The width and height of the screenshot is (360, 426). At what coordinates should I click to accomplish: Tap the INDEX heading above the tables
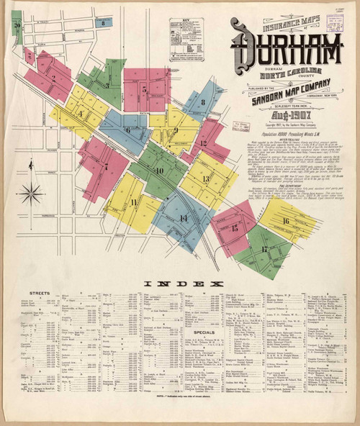184,284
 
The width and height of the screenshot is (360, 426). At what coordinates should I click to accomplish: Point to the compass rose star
31,192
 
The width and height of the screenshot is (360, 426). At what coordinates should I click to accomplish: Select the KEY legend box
185,39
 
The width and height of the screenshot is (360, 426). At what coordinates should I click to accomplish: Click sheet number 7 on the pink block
106,166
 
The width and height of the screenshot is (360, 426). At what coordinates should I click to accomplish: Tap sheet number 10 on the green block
159,171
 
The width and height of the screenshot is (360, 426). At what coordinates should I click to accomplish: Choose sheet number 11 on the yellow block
134,202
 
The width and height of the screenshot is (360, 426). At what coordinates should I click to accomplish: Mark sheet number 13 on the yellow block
206,179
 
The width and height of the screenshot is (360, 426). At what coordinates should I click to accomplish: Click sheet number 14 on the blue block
184,219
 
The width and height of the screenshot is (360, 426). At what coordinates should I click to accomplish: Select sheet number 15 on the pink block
235,227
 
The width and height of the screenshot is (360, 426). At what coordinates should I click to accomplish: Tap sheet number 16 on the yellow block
286,221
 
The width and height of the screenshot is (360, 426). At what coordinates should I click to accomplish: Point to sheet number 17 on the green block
264,250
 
